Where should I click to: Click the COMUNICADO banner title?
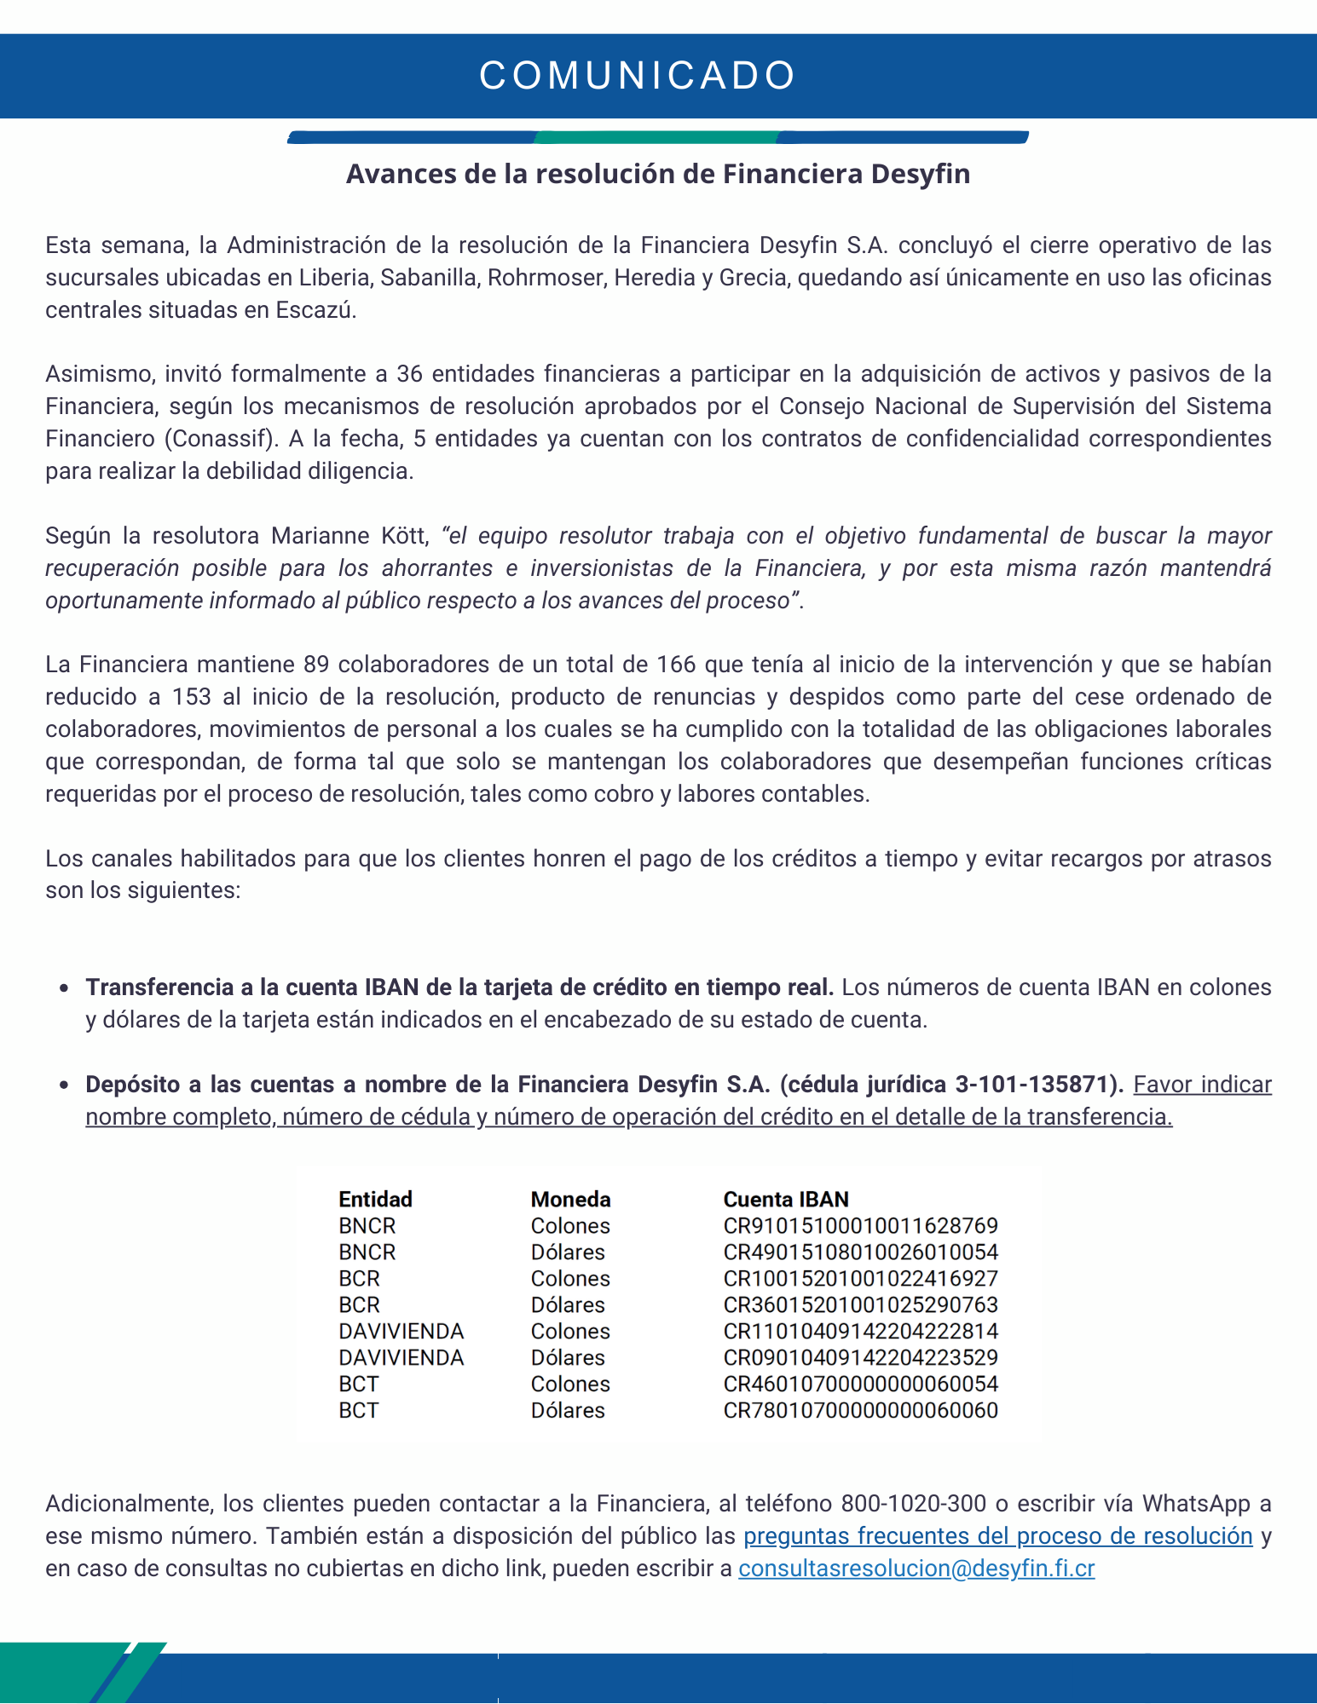638,76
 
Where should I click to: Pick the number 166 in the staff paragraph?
676,665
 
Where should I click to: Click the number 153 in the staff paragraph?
192,697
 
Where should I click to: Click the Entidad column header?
375,1200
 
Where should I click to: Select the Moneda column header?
570,1200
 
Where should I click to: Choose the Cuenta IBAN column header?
786,1200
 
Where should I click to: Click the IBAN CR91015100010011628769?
860,1226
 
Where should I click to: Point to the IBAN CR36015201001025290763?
860,1305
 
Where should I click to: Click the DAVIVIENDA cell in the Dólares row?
401,1358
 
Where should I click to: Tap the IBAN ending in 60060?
860,1411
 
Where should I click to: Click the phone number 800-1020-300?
913,1504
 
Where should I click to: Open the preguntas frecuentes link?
997,1536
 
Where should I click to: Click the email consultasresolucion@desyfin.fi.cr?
916,1569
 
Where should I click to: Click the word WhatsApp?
1199,1504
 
